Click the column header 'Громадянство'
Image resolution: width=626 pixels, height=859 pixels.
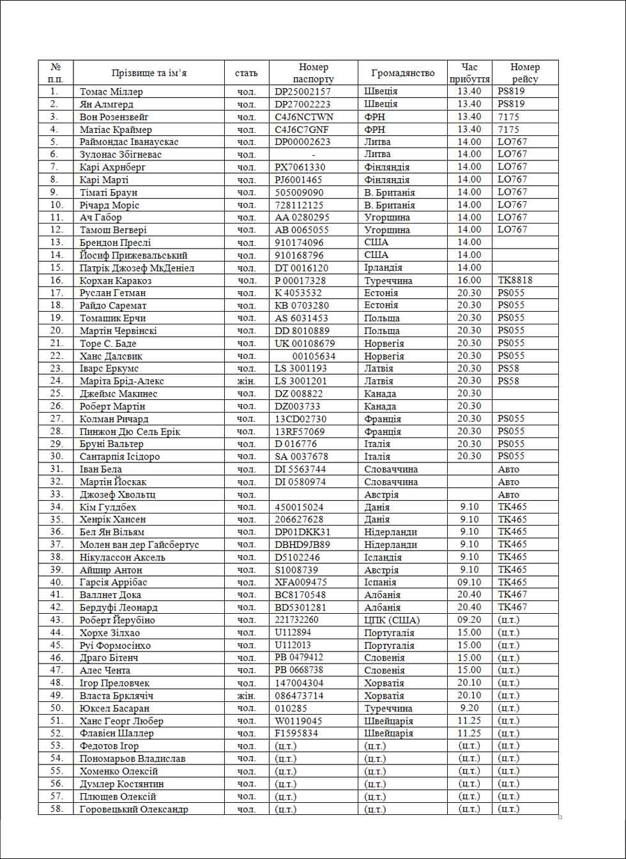point(402,73)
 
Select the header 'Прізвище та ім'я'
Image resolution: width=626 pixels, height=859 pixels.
point(149,73)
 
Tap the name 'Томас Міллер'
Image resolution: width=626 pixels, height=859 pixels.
point(111,91)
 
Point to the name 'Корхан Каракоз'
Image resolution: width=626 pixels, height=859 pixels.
point(116,280)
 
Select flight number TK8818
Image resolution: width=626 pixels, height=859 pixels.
point(515,280)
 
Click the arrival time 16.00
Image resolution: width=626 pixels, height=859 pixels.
point(469,280)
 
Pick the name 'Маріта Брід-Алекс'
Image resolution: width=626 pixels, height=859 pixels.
point(122,381)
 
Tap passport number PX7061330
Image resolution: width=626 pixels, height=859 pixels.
point(300,167)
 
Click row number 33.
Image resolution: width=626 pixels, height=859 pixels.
point(56,494)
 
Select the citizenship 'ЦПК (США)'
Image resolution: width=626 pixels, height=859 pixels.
point(392,620)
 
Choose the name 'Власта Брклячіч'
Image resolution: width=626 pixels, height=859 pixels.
point(116,696)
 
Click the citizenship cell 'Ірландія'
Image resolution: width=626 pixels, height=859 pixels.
point(383,268)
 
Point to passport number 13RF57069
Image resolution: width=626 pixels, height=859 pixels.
point(300,432)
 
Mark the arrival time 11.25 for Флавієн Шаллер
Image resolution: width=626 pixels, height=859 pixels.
point(469,733)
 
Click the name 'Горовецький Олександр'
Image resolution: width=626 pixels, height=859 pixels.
point(134,809)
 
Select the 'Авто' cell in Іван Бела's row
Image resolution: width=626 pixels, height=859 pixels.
point(508,469)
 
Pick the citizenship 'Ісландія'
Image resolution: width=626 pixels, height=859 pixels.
point(383,558)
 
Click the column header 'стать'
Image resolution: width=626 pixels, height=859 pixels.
point(247,73)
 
